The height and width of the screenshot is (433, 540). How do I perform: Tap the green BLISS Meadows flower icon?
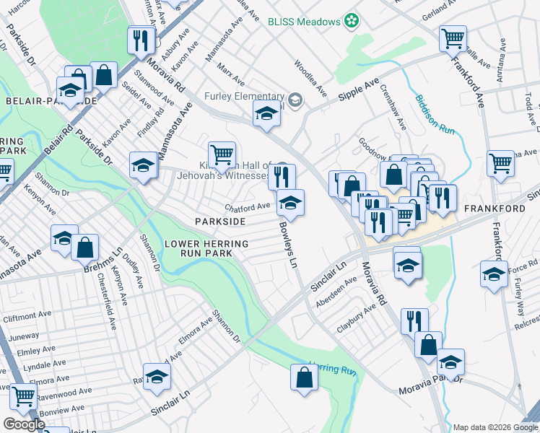[352, 21]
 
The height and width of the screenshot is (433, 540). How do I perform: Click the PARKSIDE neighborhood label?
[219, 221]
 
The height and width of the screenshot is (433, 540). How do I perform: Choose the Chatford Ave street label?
[247, 207]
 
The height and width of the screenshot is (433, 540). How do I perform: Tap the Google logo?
[25, 424]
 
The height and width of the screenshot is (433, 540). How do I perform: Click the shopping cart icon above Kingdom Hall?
[222, 154]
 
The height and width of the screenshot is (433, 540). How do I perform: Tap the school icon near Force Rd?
[494, 274]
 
